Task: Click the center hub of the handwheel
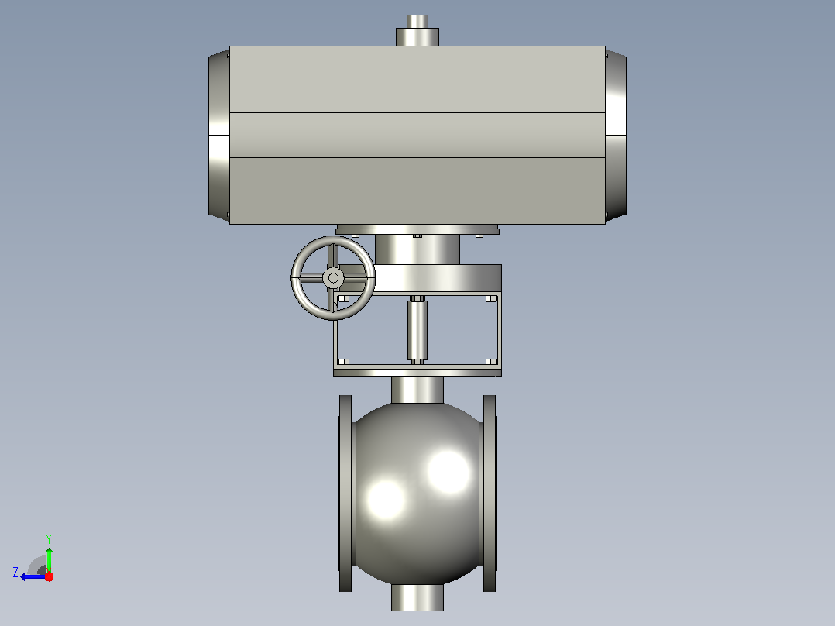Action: click(333, 277)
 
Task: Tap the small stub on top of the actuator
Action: click(417, 30)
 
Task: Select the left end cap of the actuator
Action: click(219, 136)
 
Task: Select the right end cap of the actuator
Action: click(616, 136)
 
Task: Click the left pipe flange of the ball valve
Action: click(345, 494)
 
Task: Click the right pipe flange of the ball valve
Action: click(490, 494)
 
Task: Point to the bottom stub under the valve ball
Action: click(417, 597)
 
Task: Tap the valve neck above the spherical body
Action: click(417, 390)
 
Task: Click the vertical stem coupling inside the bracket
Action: click(417, 330)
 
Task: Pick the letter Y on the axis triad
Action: click(49, 538)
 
